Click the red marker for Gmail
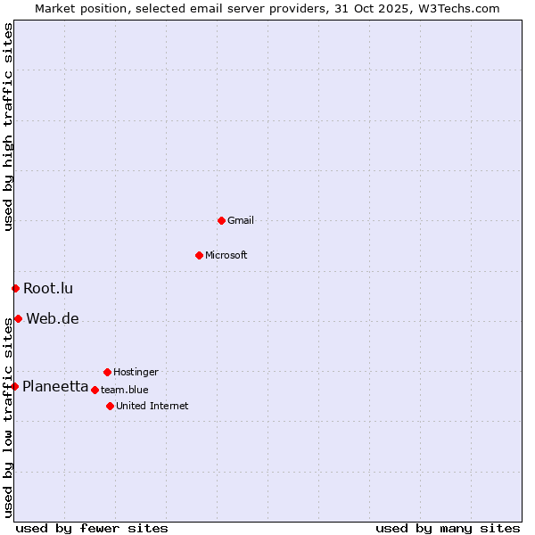221,220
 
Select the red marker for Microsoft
199,255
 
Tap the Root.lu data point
15,288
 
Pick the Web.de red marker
18,318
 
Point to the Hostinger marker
107,372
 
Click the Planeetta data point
14,386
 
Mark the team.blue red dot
95,390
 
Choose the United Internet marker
110,406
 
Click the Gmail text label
241,220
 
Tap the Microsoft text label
226,255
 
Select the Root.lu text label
48,288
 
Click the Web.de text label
53,318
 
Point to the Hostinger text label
136,372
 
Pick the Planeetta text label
55,386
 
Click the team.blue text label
125,390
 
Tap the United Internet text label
152,406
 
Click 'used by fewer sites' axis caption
92,528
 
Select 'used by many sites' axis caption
448,528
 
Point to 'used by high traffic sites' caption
8,127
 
